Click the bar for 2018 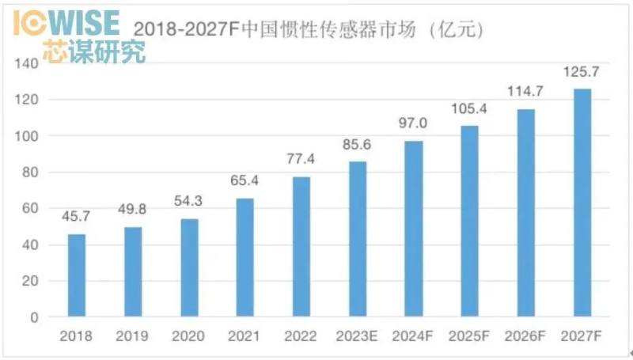(77, 275)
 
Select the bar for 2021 (245, 257)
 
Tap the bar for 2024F (414, 229)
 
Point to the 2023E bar (358, 239)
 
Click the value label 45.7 (77, 217)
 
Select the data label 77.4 (301, 159)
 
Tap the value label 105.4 (470, 108)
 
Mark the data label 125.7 (582, 71)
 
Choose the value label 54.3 (189, 201)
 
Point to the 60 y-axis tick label (30, 209)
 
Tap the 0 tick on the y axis (34, 318)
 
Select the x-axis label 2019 (133, 336)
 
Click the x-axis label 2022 (301, 336)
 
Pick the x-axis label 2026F (526, 336)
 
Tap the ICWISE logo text (66, 21)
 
